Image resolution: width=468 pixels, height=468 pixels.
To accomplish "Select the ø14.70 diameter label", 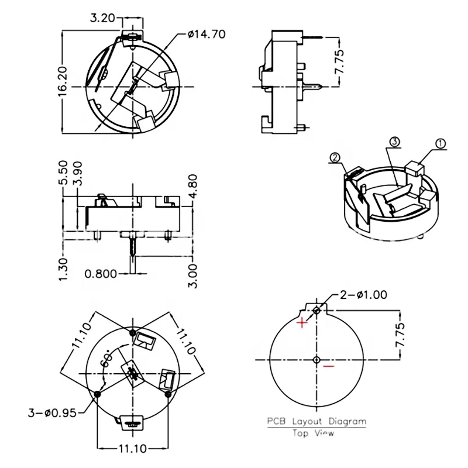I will pyautogui.click(x=206, y=34).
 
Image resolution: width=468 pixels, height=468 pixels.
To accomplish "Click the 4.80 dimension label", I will pyautogui.click(x=194, y=187).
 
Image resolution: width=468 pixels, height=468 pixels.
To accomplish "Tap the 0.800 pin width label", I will pyautogui.click(x=101, y=273).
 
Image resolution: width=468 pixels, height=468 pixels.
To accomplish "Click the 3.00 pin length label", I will pyautogui.click(x=194, y=274).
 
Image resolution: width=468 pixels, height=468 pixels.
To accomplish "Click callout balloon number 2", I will pyautogui.click(x=335, y=157).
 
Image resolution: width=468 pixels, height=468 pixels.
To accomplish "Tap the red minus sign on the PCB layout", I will pyautogui.click(x=329, y=367).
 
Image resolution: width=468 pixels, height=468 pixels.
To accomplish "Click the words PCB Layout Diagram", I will pyautogui.click(x=316, y=421).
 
